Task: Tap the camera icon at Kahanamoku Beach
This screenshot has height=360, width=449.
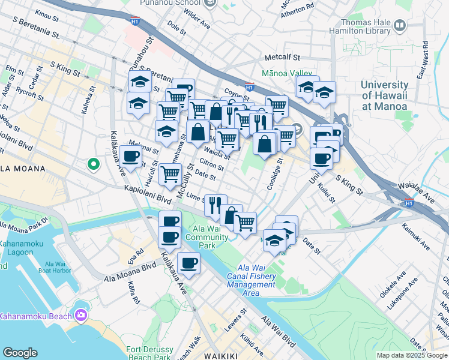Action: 80,315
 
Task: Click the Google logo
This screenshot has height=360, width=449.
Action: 20,353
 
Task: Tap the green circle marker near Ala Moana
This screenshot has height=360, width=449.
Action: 93,163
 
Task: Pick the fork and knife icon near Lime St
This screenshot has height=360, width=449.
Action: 215,205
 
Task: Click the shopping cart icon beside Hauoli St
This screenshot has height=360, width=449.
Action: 170,173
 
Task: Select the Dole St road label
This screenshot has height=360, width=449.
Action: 178,26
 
